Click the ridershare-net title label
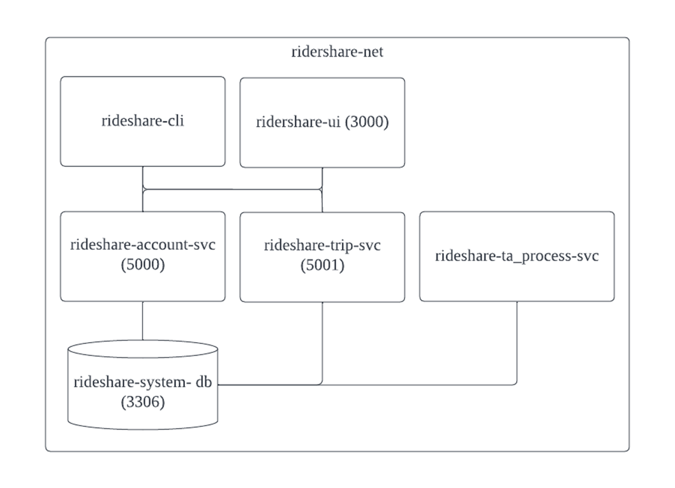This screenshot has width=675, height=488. point(337,52)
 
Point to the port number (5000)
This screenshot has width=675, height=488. point(143,265)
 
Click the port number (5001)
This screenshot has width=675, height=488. point(322,266)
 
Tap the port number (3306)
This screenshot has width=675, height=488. point(143,402)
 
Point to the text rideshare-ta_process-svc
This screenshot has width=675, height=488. point(517,256)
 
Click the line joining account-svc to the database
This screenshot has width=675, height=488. point(142,320)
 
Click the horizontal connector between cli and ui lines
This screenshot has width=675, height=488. point(233,189)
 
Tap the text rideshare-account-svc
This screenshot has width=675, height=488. point(143,245)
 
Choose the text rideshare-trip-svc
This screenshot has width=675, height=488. point(322,245)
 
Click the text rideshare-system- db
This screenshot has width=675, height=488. point(143,382)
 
